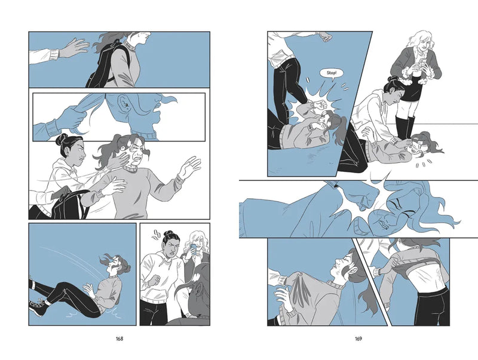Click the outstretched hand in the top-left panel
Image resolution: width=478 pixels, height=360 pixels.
[72, 47]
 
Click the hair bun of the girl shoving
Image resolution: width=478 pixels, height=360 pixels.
[62, 140]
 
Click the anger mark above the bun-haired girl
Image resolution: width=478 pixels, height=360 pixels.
[157, 234]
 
